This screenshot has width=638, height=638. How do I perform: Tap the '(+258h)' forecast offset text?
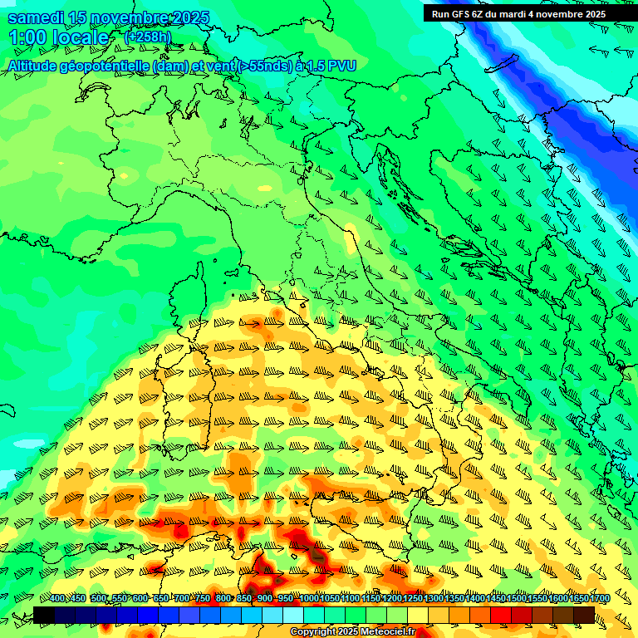(x=147, y=37)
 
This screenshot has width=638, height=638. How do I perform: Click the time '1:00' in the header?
(x=27, y=38)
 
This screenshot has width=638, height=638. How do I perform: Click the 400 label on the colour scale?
(x=57, y=599)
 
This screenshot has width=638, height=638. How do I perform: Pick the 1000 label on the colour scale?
(x=309, y=599)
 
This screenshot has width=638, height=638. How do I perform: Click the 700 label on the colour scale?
(x=182, y=599)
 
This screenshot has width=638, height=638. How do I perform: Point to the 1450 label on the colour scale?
(x=496, y=599)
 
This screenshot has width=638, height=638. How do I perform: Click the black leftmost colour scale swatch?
(x=44, y=615)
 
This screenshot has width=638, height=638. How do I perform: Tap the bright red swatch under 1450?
(x=501, y=615)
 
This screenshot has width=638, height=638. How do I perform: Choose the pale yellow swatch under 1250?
(x=418, y=615)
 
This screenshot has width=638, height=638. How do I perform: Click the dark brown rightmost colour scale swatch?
(x=584, y=615)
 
